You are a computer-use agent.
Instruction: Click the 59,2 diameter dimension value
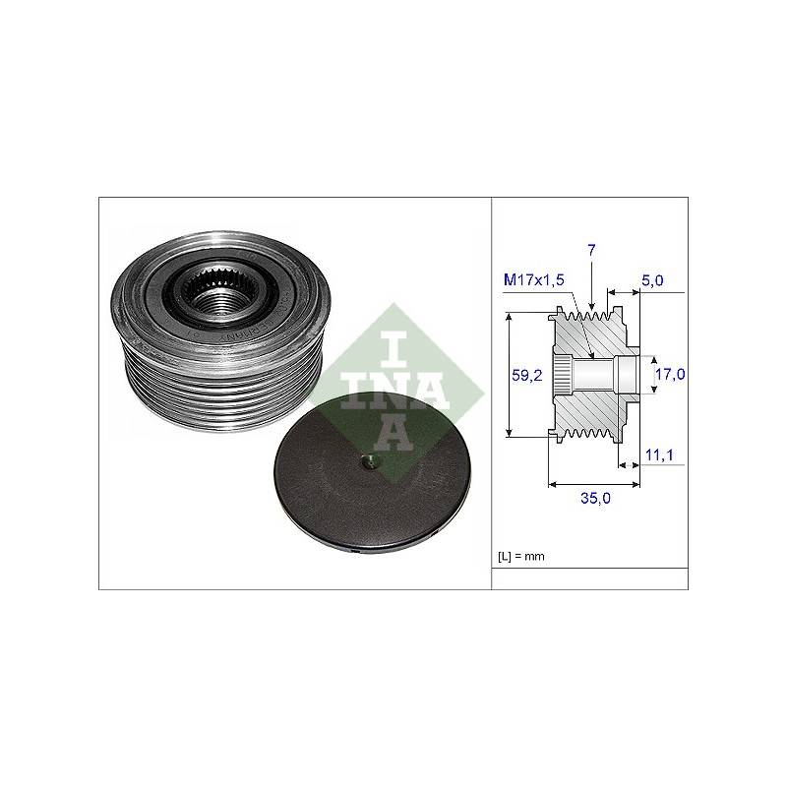(527, 375)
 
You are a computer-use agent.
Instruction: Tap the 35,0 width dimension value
(596, 498)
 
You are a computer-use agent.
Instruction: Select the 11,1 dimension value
(659, 455)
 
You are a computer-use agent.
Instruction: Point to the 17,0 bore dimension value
(671, 374)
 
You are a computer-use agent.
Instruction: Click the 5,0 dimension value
(652, 280)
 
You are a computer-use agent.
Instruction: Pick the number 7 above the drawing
(591, 250)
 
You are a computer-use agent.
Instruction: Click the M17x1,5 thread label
(533, 279)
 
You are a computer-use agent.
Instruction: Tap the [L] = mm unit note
(521, 556)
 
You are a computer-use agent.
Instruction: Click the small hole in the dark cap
(370, 462)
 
